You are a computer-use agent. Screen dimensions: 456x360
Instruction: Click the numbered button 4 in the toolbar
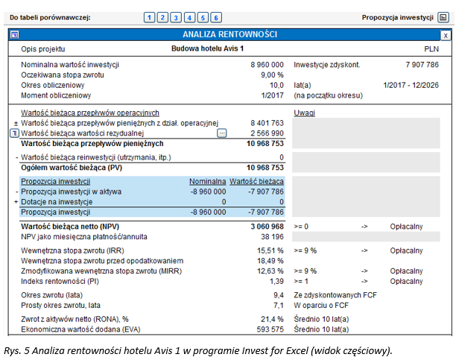pos(189,17)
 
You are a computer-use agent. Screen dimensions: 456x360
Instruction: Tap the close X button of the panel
pos(446,36)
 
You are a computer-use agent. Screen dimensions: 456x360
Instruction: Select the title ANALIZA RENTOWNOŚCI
pos(229,34)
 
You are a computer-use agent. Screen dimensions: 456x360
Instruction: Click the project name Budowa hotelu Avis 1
pos(207,48)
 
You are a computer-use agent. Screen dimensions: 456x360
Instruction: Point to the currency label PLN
pos(431,49)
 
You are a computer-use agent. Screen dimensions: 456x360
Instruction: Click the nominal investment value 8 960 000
pos(267,65)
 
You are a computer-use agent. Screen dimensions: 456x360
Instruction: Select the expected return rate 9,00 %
pos(272,75)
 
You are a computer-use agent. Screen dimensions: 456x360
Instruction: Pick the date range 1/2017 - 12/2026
pos(411,85)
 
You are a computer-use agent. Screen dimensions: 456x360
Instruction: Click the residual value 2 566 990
pos(267,133)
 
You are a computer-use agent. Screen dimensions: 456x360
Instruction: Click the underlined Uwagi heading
pos(304,113)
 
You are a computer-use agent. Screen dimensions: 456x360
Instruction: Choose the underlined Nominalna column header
pos(207,181)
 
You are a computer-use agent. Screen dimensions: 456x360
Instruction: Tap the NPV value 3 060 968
pos(267,227)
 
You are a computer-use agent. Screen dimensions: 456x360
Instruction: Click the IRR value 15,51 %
pos(270,250)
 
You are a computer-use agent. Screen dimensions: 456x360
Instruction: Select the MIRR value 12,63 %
pos(270,271)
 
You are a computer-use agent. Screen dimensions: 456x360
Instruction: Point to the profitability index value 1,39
pos(276,281)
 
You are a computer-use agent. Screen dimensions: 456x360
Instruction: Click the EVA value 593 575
pos(270,329)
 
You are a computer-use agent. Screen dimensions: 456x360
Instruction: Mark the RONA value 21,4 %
pos(272,319)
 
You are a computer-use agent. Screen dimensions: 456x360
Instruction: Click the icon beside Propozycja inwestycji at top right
pos(443,18)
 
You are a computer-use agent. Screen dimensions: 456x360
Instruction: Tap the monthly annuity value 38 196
pos(272,236)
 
